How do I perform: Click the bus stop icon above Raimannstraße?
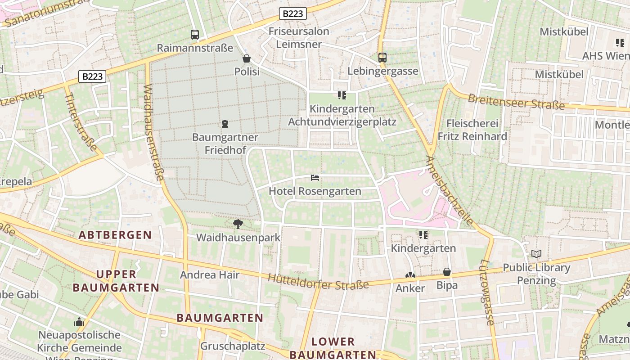(195, 34)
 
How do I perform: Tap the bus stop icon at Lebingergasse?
(382, 58)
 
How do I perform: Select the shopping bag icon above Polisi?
(247, 58)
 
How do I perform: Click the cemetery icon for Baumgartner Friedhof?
(225, 124)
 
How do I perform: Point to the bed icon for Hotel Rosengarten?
(315, 178)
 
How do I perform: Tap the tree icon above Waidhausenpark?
(238, 224)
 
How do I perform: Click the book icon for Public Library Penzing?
(536, 254)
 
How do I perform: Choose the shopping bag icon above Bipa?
(447, 272)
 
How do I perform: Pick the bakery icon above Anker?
(410, 275)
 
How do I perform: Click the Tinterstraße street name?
(81, 122)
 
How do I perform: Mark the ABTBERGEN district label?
(115, 235)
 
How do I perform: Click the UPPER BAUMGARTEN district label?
(116, 281)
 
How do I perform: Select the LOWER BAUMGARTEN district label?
(333, 348)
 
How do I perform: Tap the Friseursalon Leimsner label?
(299, 38)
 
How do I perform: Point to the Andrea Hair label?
(210, 274)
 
